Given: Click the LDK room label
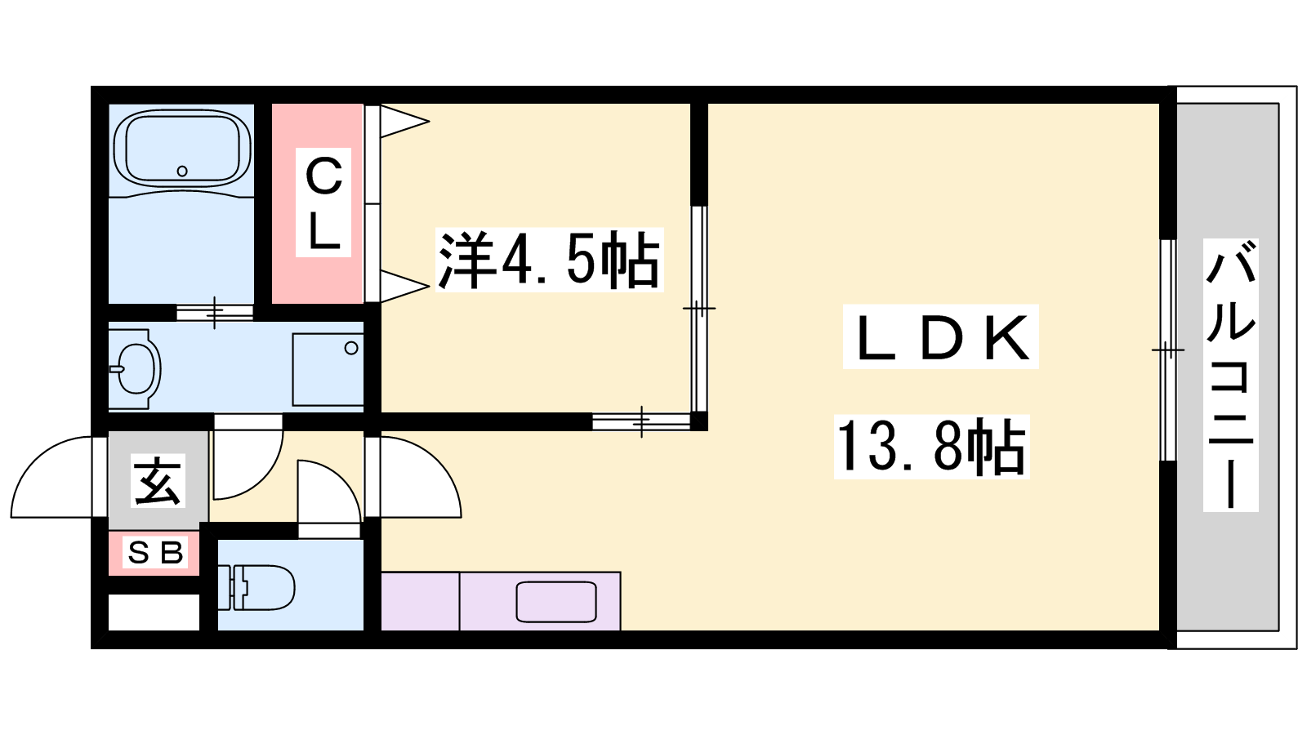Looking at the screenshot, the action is tap(940, 337).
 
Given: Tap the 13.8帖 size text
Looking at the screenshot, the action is tap(931, 447).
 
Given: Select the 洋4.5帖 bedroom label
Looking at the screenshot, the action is tap(549, 261).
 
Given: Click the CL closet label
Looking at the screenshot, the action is tap(323, 203).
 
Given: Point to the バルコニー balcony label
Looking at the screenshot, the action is tap(1230, 375).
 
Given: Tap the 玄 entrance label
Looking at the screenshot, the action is tap(158, 480).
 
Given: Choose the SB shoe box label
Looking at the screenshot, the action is tap(155, 552).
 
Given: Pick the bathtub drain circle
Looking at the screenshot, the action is tap(182, 171).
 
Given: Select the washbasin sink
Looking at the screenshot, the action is tap(138, 368).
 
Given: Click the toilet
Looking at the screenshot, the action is tap(261, 587).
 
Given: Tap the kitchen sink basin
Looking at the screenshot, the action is tap(556, 601).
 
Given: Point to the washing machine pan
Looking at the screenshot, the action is tap(328, 369).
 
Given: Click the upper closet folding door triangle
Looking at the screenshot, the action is tap(404, 122).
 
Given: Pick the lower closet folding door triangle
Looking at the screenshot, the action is tap(404, 286).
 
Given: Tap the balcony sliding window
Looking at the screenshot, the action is tap(1167, 350).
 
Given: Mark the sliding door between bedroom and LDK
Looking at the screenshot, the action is tap(699, 309).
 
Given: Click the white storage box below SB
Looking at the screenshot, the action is tap(154, 612).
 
